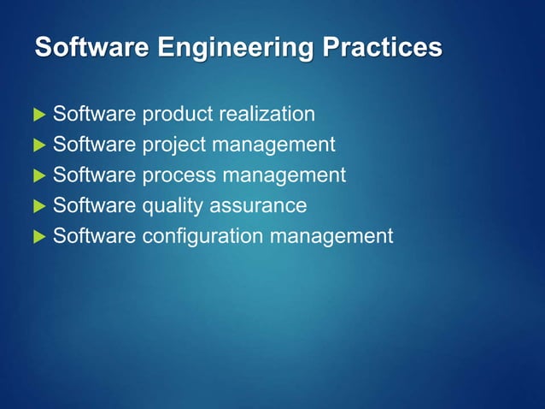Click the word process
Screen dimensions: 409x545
click(177, 176)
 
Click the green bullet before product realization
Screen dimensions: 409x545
click(38, 115)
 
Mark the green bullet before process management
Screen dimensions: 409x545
click(38, 176)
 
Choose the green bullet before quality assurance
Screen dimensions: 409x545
click(38, 207)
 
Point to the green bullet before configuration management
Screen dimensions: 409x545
click(38, 237)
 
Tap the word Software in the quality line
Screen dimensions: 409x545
click(94, 206)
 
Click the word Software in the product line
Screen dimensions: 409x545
click(94, 114)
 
